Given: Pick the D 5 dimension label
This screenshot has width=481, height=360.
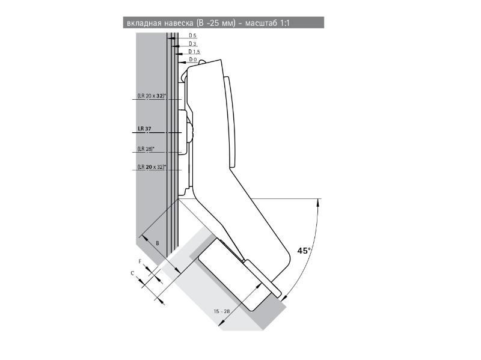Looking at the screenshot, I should pyautogui.click(x=192, y=36).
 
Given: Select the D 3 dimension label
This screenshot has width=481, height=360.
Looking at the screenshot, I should pyautogui.click(x=192, y=44).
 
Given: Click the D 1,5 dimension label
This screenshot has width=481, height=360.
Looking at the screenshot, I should pyautogui.click(x=194, y=52).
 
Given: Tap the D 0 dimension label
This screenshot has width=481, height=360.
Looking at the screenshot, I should pyautogui.click(x=192, y=59).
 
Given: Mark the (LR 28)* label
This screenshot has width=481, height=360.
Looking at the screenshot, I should pyautogui.click(x=146, y=148).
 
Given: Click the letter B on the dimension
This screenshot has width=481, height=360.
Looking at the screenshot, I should pyautogui.click(x=157, y=243).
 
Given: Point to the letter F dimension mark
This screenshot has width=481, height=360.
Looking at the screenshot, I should pyautogui.click(x=140, y=261).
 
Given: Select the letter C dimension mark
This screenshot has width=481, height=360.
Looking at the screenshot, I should pyautogui.click(x=132, y=273).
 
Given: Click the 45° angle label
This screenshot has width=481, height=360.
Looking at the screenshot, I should pyautogui.click(x=304, y=250).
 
